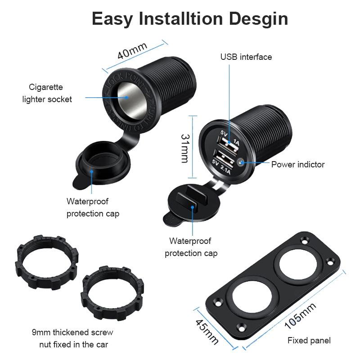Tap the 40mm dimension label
tap(132, 51)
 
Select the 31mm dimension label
tap(185, 148)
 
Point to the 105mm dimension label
tap(300, 316)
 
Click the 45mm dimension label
tap(207, 332)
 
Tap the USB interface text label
tap(246, 57)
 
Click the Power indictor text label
tap(298, 164)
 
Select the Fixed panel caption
tap(309, 340)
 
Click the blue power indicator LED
tap(241, 162)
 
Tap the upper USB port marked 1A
tap(228, 145)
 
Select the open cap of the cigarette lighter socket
tap(103, 165)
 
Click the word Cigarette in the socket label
tap(46, 87)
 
